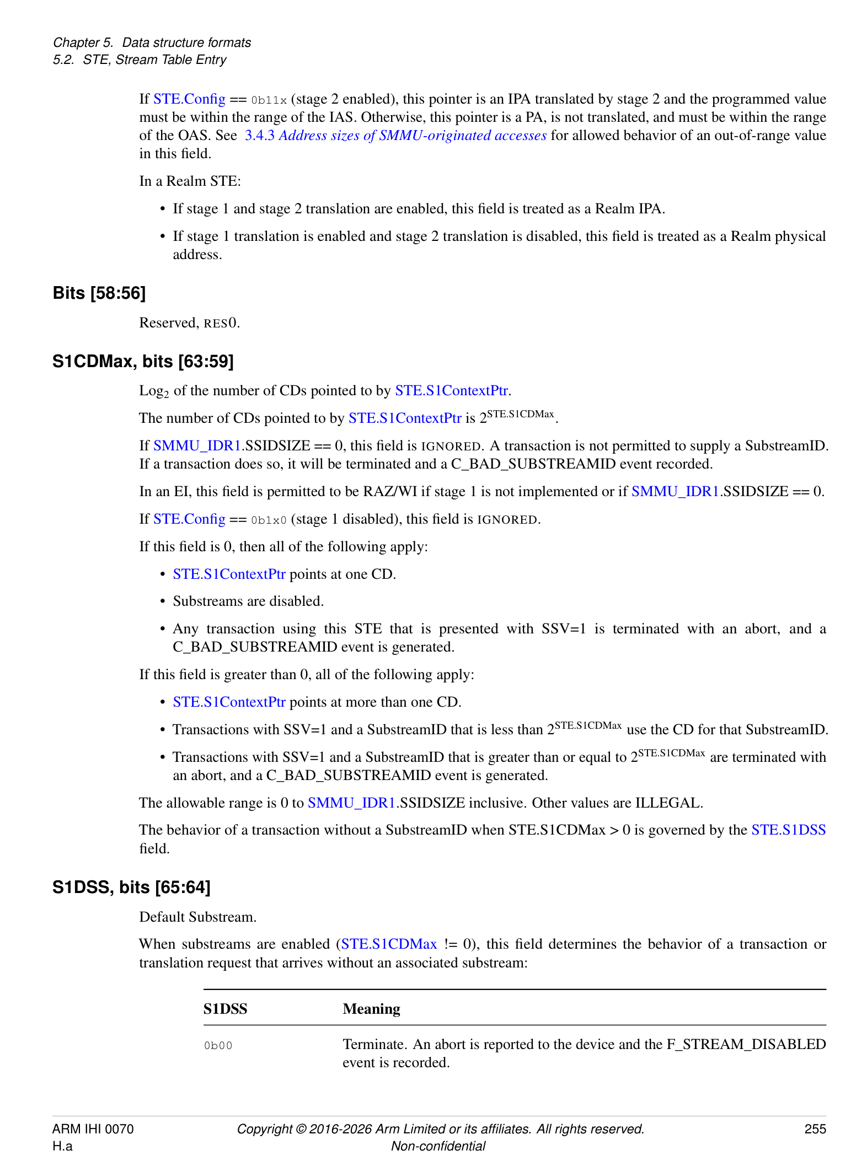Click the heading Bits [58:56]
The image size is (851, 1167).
[99, 293]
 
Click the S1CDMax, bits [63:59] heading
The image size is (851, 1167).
[143, 362]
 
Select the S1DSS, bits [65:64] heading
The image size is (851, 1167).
[131, 887]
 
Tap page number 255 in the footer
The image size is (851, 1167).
[815, 1129]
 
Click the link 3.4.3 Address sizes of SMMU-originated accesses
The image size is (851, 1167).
[395, 136]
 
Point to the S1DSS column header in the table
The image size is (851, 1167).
[225, 1009]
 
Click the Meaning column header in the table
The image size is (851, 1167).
[371, 1009]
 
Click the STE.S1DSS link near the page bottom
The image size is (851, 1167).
[788, 830]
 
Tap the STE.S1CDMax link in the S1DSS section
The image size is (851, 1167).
[389, 944]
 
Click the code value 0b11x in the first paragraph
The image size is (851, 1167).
[269, 100]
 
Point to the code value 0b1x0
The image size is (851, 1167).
[269, 520]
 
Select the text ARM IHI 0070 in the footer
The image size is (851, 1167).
[93, 1129]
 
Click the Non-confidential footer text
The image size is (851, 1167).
[438, 1146]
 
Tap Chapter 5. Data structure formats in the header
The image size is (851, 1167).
[152, 42]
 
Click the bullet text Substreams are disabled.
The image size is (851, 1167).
[248, 601]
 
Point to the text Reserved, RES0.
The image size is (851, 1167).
[189, 322]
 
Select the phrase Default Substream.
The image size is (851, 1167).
[197, 917]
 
